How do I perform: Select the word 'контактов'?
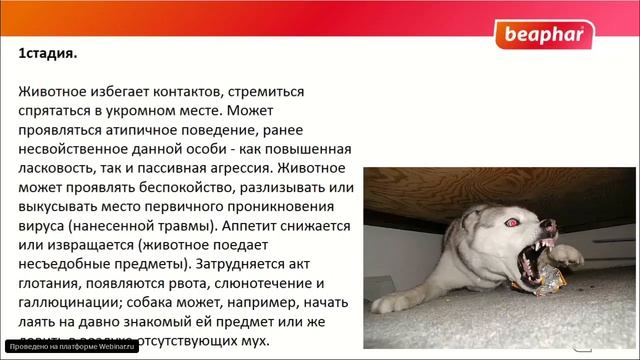coord(202,91)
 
